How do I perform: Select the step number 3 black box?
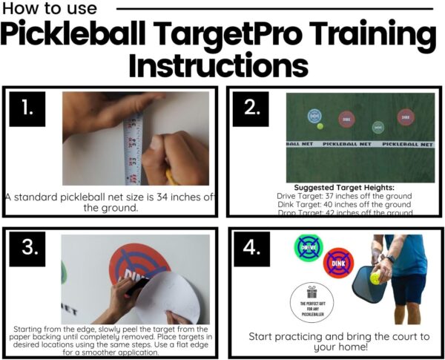pos(27,250)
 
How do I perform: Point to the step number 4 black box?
pos(250,250)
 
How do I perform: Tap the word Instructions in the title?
pos(218,66)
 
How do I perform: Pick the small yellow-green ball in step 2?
pos(320,126)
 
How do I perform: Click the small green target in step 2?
pos(378,127)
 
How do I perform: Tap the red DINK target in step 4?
pos(338,262)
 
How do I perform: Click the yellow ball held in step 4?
pos(376,277)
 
